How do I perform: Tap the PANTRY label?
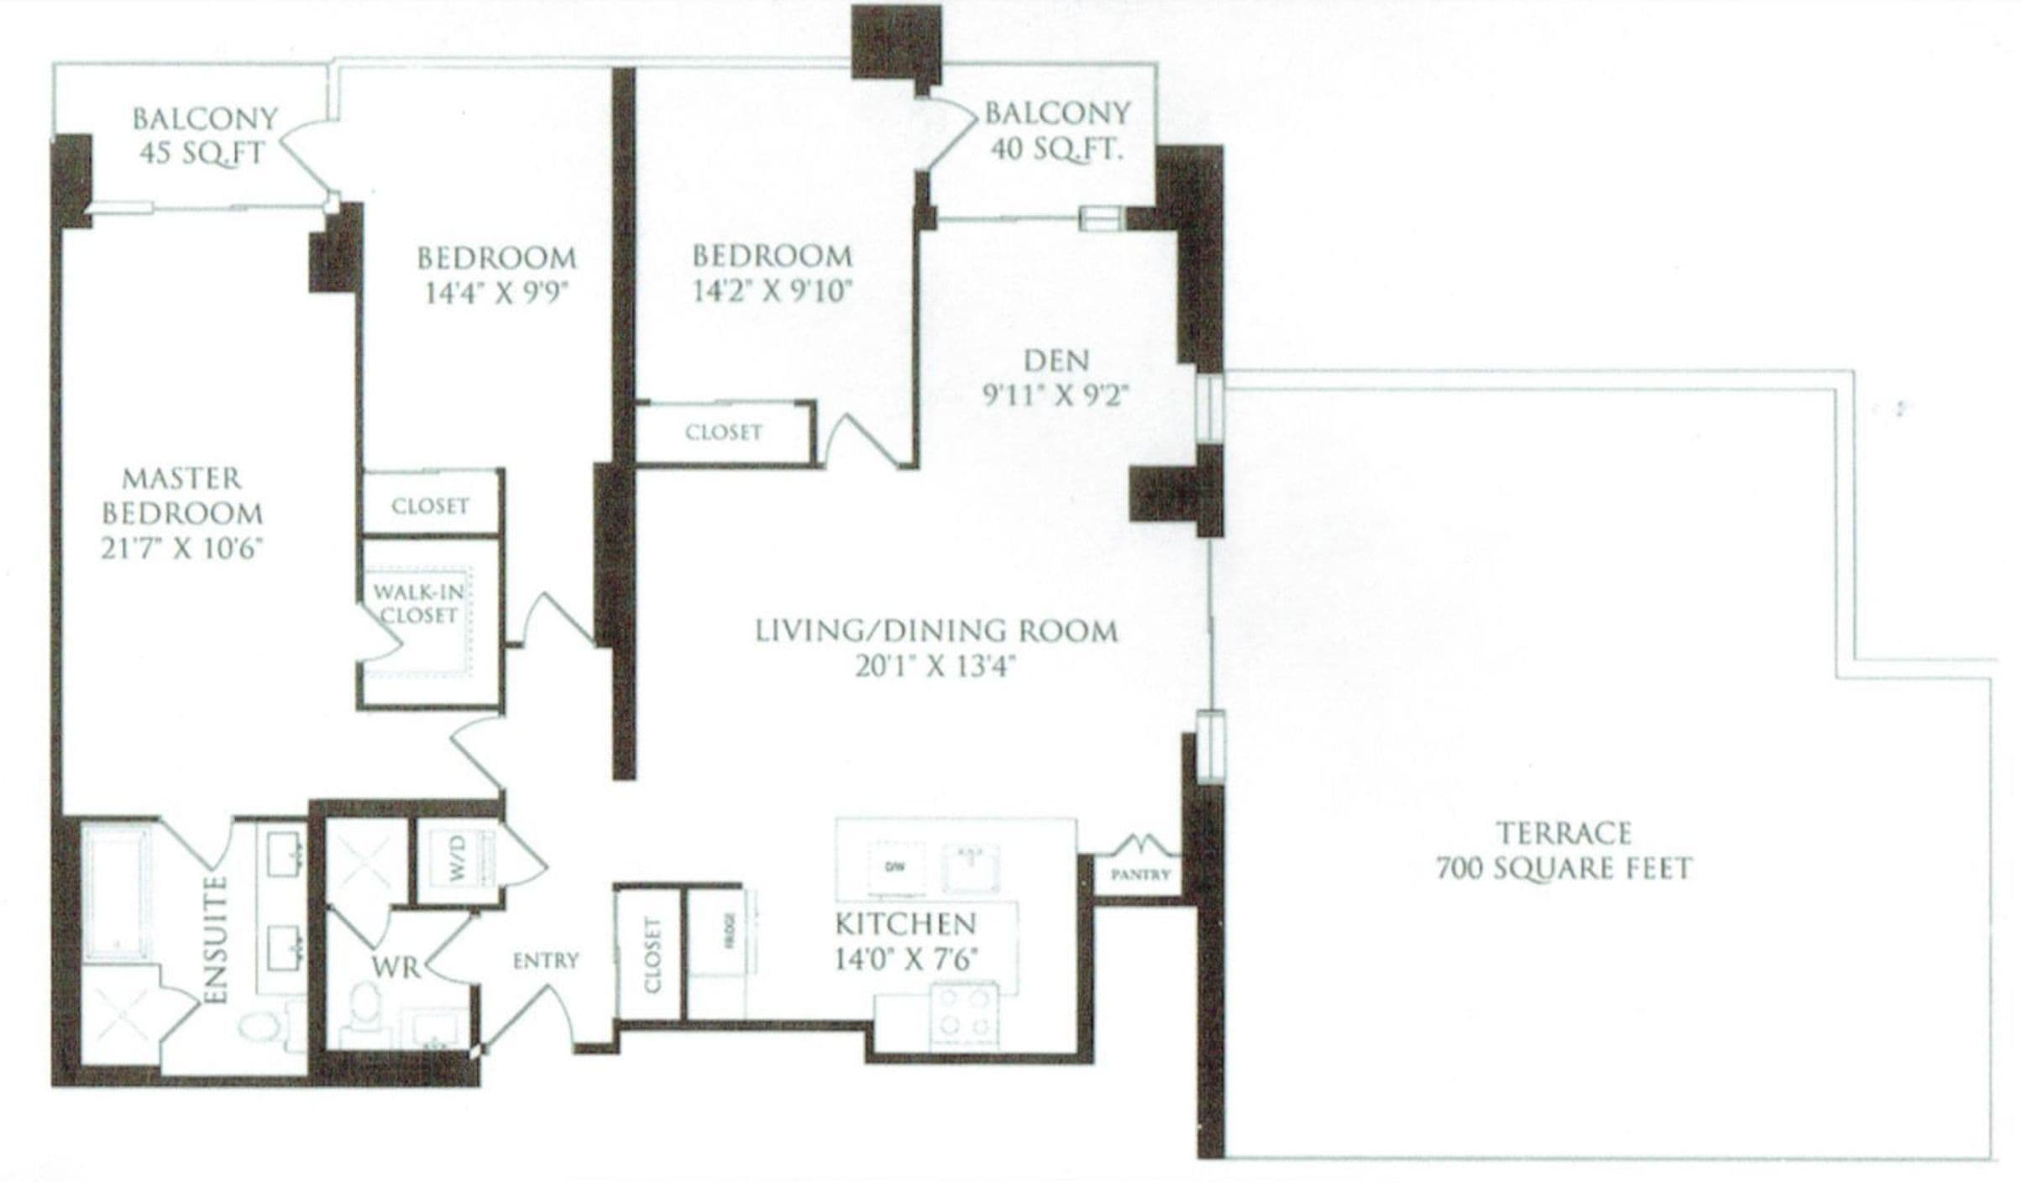1139,875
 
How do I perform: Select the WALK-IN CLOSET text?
418,604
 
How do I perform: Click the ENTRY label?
546,960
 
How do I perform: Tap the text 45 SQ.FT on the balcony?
202,154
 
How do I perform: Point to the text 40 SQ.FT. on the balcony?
1056,149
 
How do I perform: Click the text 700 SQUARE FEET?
1564,868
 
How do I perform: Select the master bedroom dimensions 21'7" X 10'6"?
182,549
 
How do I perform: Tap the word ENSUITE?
217,939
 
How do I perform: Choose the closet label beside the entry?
652,955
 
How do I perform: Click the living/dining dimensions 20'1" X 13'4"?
935,667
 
